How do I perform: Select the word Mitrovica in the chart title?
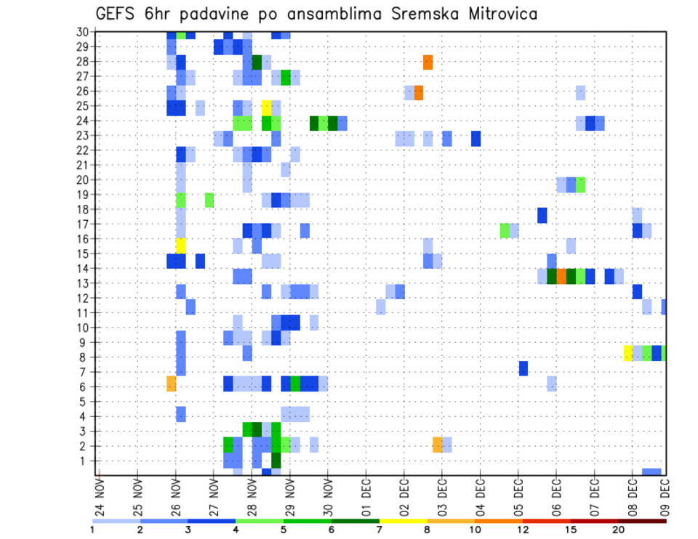click(x=494, y=14)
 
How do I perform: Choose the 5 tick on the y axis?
click(x=84, y=402)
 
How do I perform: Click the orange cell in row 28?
click(x=428, y=62)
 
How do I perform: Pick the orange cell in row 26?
click(x=419, y=92)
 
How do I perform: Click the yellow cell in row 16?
click(x=181, y=245)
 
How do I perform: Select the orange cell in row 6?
click(x=172, y=383)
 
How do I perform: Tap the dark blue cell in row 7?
click(x=523, y=368)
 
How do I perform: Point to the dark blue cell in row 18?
click(x=542, y=215)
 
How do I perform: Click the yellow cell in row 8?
click(x=628, y=353)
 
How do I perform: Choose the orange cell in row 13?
click(x=561, y=276)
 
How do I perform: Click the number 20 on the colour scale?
click(x=619, y=530)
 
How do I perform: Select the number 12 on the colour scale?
click(x=523, y=530)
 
